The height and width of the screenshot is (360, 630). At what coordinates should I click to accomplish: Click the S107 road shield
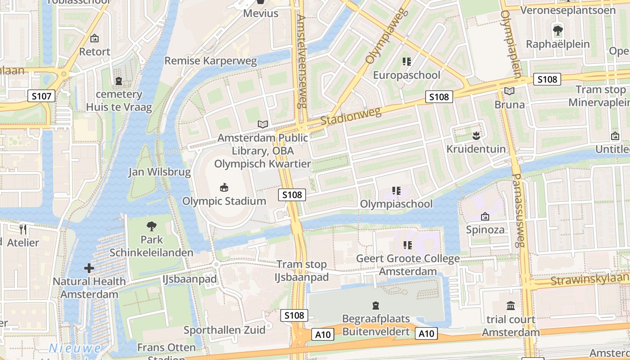[41, 95]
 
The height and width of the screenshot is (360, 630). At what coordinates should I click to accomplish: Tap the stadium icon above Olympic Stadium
[224, 187]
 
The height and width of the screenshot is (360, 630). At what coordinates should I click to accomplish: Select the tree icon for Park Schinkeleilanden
[152, 226]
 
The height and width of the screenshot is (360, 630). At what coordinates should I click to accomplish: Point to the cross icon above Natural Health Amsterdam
[89, 268]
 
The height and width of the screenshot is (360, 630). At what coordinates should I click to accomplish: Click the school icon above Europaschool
[407, 62]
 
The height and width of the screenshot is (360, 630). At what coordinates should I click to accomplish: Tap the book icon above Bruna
[509, 91]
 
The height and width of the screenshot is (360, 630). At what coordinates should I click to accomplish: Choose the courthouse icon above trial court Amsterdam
[511, 306]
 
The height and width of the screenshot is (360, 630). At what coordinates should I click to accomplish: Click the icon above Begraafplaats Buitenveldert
[376, 306]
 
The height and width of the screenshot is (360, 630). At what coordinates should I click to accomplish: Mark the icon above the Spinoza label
[485, 216]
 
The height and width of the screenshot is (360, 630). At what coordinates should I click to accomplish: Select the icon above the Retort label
[94, 38]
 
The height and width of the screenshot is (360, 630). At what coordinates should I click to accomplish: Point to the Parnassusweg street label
[518, 210]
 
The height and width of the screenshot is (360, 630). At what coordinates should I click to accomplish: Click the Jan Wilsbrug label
[159, 172]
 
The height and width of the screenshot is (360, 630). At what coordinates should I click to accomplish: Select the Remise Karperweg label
[211, 61]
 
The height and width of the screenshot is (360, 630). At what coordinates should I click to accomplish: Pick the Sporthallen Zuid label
[225, 330]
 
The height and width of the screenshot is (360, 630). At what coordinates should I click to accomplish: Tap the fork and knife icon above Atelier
[23, 229]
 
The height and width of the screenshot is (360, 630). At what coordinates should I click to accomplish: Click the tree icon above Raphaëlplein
[558, 31]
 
